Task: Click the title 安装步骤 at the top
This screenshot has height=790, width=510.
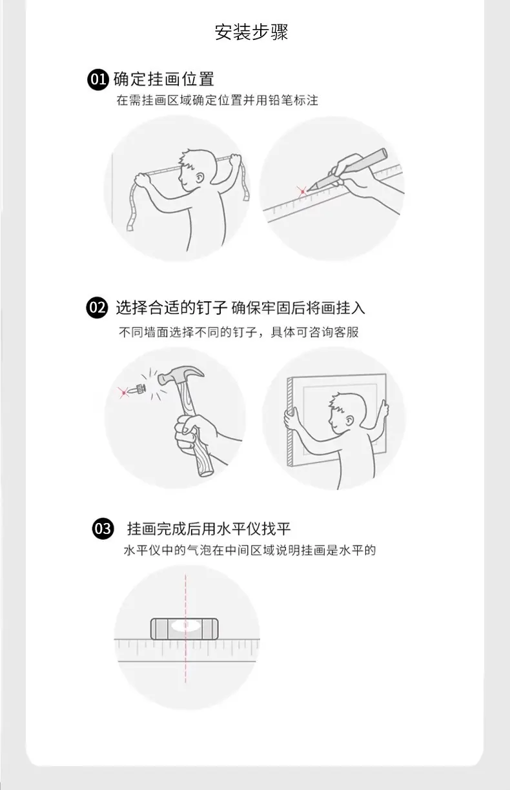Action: click(x=251, y=32)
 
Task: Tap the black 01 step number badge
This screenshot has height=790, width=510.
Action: click(x=97, y=79)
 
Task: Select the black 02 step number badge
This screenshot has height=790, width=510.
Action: click(x=97, y=308)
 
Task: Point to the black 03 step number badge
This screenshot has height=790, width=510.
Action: click(x=103, y=529)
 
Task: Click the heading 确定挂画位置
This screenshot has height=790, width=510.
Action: click(x=164, y=79)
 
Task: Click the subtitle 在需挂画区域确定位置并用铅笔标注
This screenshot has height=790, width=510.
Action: click(x=218, y=100)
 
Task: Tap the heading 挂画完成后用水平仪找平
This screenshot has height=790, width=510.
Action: click(x=209, y=529)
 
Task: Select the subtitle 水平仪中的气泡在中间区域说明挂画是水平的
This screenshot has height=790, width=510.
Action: click(x=250, y=550)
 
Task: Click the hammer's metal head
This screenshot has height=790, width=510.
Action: click(x=181, y=375)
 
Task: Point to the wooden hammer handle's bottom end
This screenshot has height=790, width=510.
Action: click(x=206, y=472)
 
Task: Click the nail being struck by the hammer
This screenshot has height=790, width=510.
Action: click(x=138, y=390)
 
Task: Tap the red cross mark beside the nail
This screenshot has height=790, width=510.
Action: click(x=123, y=392)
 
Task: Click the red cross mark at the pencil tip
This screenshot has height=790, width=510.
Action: click(x=303, y=192)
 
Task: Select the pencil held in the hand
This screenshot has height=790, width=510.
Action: click(x=348, y=169)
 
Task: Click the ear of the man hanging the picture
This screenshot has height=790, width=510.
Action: click(x=349, y=420)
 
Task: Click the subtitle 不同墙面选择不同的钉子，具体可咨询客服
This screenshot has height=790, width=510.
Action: click(x=239, y=332)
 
